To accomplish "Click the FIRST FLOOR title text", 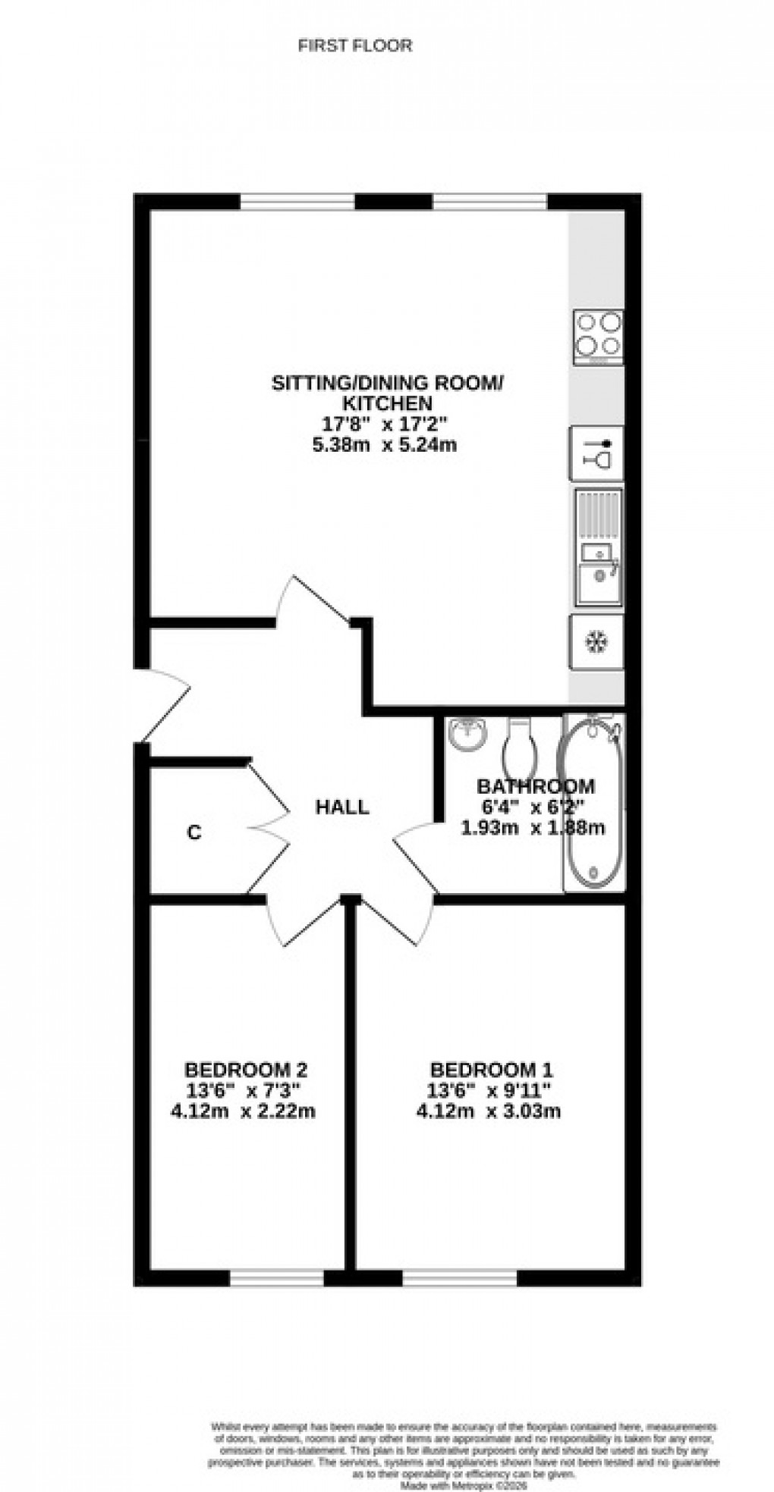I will tap(355, 46).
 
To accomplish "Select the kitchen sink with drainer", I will tap(598, 547).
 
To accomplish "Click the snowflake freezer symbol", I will tap(596, 642).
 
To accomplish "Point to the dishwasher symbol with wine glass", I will tap(596, 453).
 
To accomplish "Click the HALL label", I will tap(342, 807).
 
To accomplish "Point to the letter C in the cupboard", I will tap(194, 832).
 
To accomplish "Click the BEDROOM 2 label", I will tap(246, 1070).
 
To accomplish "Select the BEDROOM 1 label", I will tap(491, 1070).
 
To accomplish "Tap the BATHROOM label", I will tap(535, 786).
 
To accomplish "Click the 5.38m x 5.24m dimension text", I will tap(385, 445).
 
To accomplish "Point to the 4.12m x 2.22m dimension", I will tap(243, 1112).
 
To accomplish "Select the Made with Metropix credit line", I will tap(462, 1467).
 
